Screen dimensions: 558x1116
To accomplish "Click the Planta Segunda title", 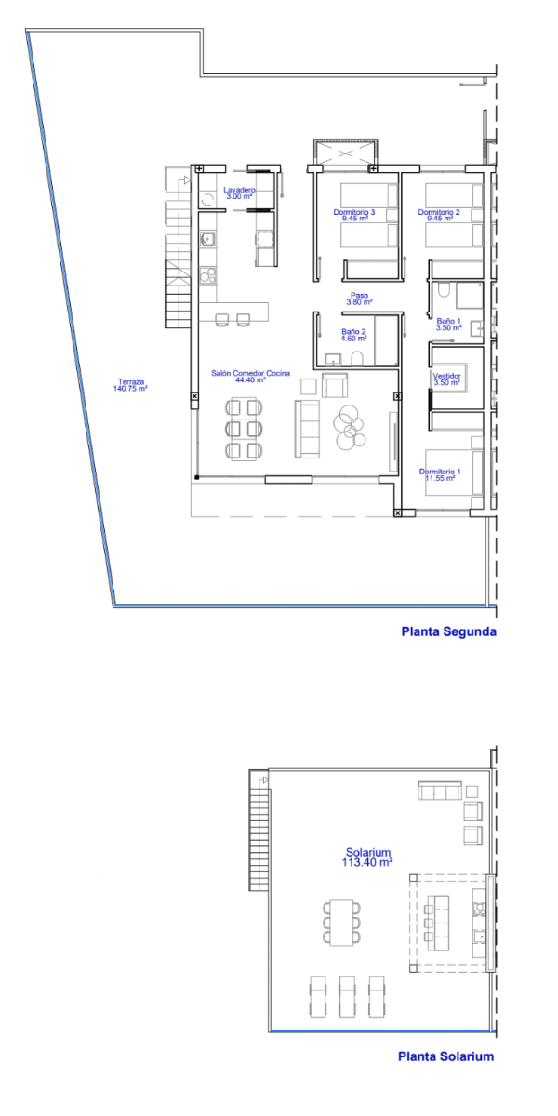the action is [x=449, y=631].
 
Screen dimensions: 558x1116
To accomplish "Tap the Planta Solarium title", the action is [x=445, y=1056].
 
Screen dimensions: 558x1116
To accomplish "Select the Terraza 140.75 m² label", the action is [x=130, y=385].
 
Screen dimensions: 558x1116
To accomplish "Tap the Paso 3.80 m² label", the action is [x=359, y=299].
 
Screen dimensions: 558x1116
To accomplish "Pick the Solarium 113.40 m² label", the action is [x=367, y=857].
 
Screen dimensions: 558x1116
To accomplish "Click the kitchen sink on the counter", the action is [x=207, y=239].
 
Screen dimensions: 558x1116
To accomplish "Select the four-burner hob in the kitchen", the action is [x=207, y=275].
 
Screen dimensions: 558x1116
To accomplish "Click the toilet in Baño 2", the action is [x=357, y=359].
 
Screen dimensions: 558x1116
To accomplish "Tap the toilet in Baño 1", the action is [x=444, y=289].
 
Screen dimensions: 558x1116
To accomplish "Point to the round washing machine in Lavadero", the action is [x=207, y=199].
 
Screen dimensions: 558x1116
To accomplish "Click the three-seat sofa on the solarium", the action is [x=440, y=791].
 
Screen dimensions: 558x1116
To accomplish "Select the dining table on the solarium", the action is [x=342, y=923].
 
